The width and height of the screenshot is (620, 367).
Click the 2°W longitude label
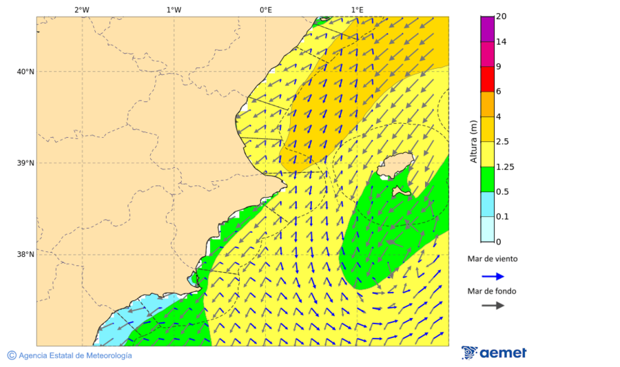click(x=81, y=10)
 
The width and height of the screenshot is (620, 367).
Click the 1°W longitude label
click(x=174, y=10)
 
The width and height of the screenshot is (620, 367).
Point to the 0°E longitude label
click(x=265, y=10)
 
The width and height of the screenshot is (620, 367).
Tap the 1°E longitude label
click(x=357, y=10)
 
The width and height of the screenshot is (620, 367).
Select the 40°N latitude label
click(x=25, y=72)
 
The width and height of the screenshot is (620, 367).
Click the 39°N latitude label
click(x=25, y=163)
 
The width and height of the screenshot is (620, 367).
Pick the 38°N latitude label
click(x=25, y=255)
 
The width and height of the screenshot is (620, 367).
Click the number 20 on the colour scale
click(x=502, y=17)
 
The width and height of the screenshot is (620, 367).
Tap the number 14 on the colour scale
click(x=502, y=42)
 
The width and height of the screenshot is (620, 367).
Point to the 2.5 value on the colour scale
click(x=503, y=142)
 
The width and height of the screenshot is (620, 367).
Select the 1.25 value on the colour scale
click(x=505, y=167)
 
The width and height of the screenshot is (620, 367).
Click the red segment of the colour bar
click(x=487, y=79)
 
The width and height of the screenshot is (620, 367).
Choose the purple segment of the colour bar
click(x=487, y=29)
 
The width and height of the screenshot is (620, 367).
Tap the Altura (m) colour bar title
click(x=473, y=141)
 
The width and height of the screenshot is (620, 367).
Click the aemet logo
click(x=494, y=353)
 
